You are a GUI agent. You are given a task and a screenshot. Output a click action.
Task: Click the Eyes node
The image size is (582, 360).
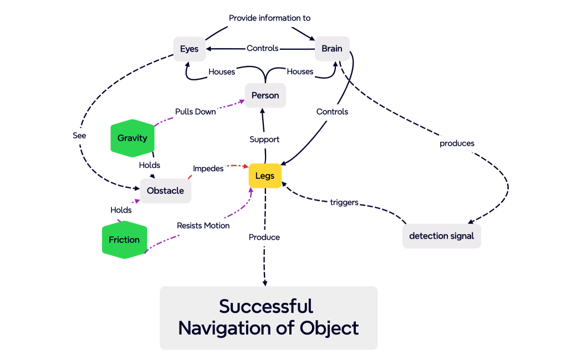pyautogui.click(x=189, y=49)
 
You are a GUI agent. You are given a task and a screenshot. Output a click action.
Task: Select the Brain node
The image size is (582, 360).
pyautogui.click(x=332, y=49)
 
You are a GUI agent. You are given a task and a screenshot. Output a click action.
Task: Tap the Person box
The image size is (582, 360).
pyautogui.click(x=265, y=95)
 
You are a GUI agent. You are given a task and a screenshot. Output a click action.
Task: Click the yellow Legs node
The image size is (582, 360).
pyautogui.click(x=265, y=176)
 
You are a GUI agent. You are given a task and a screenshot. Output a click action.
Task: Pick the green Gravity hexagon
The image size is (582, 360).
pyautogui.click(x=132, y=138)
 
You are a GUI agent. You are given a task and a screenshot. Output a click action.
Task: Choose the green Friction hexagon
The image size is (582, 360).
pyautogui.click(x=124, y=240)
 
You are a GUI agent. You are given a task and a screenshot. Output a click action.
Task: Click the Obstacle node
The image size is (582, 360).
pyautogui.click(x=165, y=191)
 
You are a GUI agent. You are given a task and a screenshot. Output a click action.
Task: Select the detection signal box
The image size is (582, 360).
pyautogui.click(x=441, y=236)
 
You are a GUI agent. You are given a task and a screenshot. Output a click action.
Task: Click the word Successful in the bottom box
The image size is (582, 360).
pyautogui.click(x=266, y=306)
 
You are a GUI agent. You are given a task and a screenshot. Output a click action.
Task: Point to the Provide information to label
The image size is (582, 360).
pyautogui.click(x=269, y=18)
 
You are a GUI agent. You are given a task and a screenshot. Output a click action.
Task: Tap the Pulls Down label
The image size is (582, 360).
pyautogui.click(x=195, y=111)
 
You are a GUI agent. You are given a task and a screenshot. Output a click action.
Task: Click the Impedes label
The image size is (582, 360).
pyautogui.click(x=208, y=168)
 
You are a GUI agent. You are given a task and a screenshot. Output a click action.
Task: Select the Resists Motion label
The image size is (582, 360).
pyautogui.click(x=203, y=225)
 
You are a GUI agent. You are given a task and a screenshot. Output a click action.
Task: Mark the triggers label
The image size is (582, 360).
pyautogui.click(x=344, y=202)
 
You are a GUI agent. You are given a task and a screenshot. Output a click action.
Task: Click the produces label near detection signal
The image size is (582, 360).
pyautogui.click(x=457, y=143)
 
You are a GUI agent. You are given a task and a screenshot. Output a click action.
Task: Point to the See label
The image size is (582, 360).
pyautogui.click(x=79, y=135)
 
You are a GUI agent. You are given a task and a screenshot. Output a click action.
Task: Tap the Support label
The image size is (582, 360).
pyautogui.click(x=264, y=139)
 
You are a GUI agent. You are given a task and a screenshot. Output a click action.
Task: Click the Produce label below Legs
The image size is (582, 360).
pyautogui.click(x=264, y=237)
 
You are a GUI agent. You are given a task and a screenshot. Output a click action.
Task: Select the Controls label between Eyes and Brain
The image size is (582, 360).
pyautogui.click(x=262, y=48)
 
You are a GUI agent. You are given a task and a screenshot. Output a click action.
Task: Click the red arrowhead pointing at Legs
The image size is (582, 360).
pyautogui.click(x=246, y=166)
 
